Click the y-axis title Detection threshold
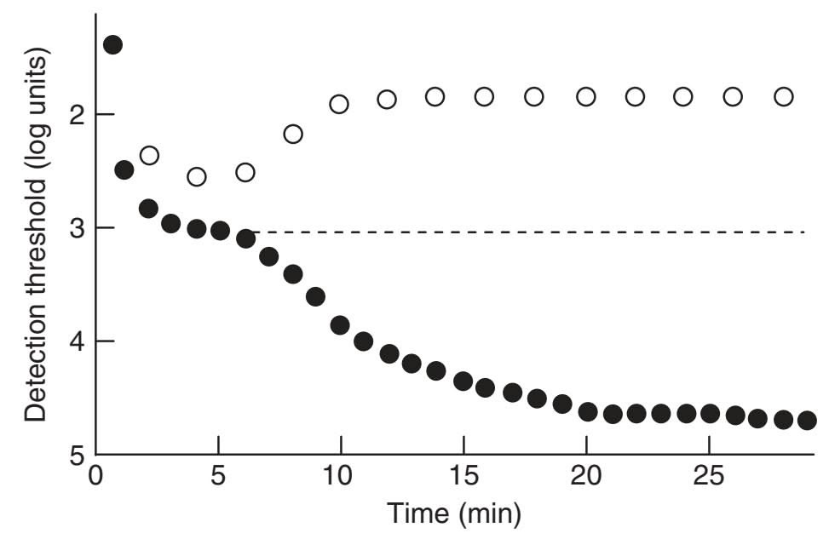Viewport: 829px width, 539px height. click(x=36, y=234)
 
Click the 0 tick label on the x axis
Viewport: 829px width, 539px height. click(x=96, y=473)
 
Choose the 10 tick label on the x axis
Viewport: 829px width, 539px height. click(x=341, y=473)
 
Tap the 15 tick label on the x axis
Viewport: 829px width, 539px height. click(x=463, y=473)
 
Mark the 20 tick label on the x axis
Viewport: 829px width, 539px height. click(x=586, y=473)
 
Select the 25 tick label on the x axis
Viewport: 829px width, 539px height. click(x=709, y=473)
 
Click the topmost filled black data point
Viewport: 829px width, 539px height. click(x=112, y=44)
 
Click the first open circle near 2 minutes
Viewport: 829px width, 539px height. click(x=149, y=155)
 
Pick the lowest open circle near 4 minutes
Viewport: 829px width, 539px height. click(x=197, y=177)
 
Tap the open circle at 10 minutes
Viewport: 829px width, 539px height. click(x=339, y=104)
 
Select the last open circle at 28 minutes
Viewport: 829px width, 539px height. click(x=784, y=96)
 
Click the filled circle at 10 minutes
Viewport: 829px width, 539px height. click(x=340, y=324)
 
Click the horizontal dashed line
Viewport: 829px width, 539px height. click(x=528, y=232)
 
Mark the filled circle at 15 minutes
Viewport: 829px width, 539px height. click(x=463, y=381)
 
